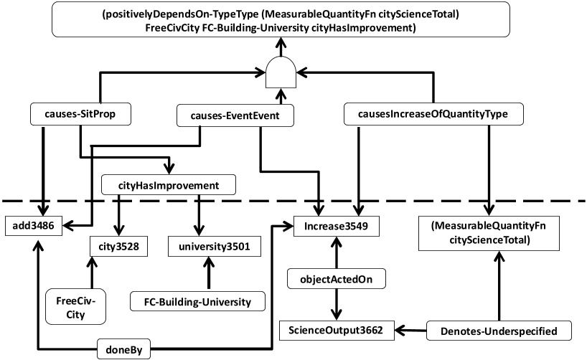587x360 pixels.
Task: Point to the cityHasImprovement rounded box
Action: (169, 186)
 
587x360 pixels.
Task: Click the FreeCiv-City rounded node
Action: (70, 305)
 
